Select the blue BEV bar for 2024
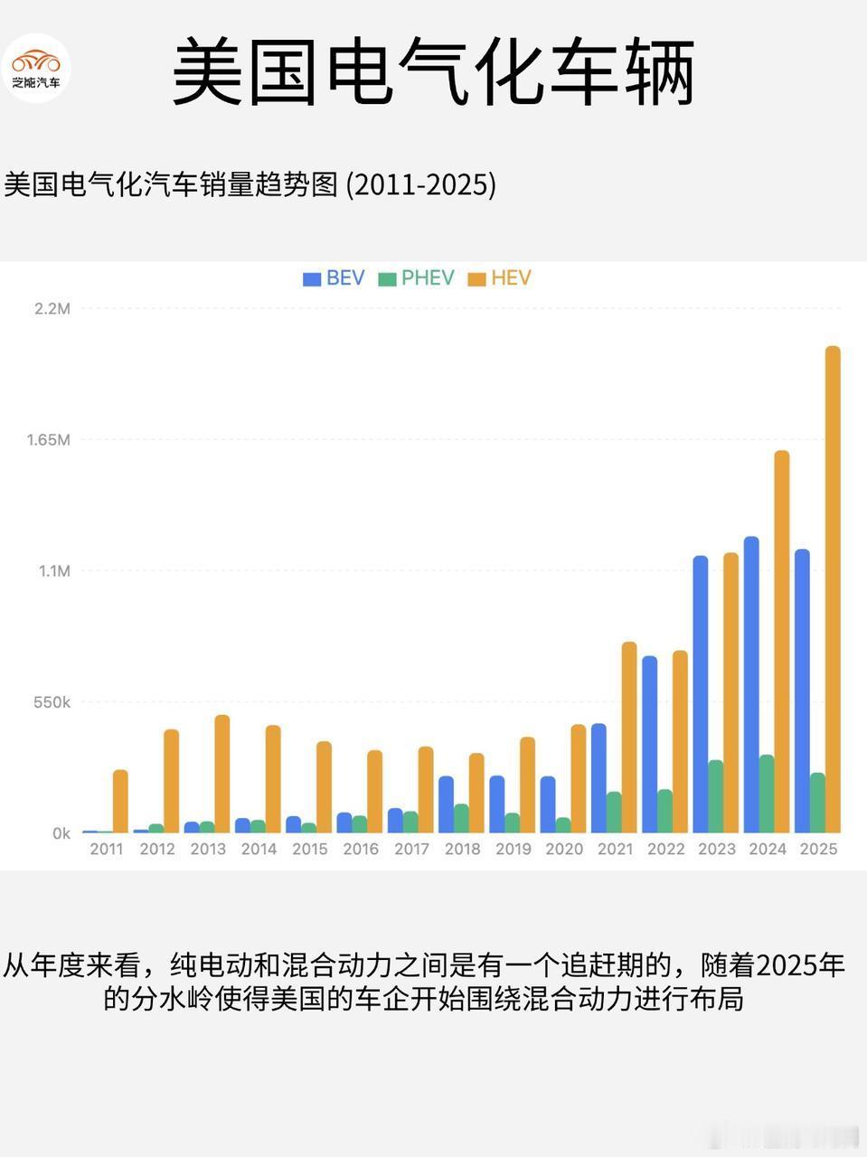click(x=751, y=684)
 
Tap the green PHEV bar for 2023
click(x=716, y=796)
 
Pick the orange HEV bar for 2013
click(x=222, y=774)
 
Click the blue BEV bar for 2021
click(x=598, y=778)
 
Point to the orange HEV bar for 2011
click(x=120, y=801)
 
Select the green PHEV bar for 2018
click(x=461, y=818)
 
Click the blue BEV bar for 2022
click(x=649, y=744)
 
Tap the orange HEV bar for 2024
click(x=782, y=642)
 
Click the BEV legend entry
click(x=334, y=278)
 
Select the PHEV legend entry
click(x=416, y=278)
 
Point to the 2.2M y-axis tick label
click(x=52, y=309)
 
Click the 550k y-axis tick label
click(x=51, y=702)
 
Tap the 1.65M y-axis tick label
click(x=48, y=440)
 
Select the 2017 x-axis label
click(x=411, y=849)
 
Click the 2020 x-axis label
click(x=564, y=849)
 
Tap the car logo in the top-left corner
click(x=36, y=68)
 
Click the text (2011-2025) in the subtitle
click(x=422, y=185)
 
